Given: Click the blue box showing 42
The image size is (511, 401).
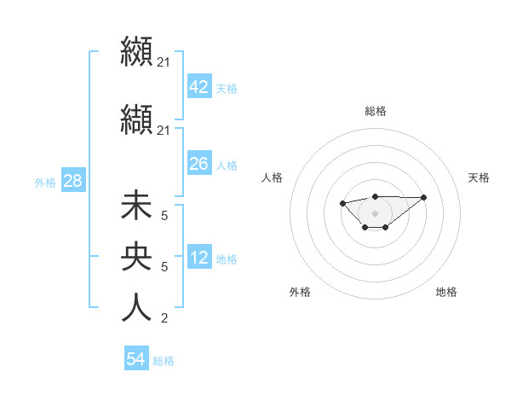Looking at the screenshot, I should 198,87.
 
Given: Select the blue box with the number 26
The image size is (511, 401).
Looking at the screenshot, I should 198,164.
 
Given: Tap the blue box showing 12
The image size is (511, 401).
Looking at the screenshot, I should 198,258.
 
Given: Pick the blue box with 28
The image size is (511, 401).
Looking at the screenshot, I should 72,181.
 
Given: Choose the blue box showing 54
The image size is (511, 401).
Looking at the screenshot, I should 135,360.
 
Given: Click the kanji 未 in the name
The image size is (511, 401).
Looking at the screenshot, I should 137,206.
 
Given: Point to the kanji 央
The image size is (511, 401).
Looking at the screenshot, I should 137,258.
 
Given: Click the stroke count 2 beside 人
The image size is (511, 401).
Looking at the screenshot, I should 164,319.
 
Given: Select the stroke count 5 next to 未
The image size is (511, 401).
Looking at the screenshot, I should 164,216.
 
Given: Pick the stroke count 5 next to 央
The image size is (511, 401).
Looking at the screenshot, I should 164,267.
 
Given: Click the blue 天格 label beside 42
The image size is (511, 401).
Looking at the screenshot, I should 227,88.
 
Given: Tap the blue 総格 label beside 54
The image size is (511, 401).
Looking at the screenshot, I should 164,361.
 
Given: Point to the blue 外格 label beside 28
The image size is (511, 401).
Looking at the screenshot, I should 44,182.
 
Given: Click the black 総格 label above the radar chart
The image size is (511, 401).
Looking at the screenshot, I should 375,111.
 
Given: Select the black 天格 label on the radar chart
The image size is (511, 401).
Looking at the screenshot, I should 479,177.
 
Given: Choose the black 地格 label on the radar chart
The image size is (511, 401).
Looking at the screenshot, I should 446,292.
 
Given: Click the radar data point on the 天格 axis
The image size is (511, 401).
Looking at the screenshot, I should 424,197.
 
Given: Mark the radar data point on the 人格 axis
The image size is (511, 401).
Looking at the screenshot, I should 342,203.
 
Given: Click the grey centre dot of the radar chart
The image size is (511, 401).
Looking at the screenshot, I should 375,213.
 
